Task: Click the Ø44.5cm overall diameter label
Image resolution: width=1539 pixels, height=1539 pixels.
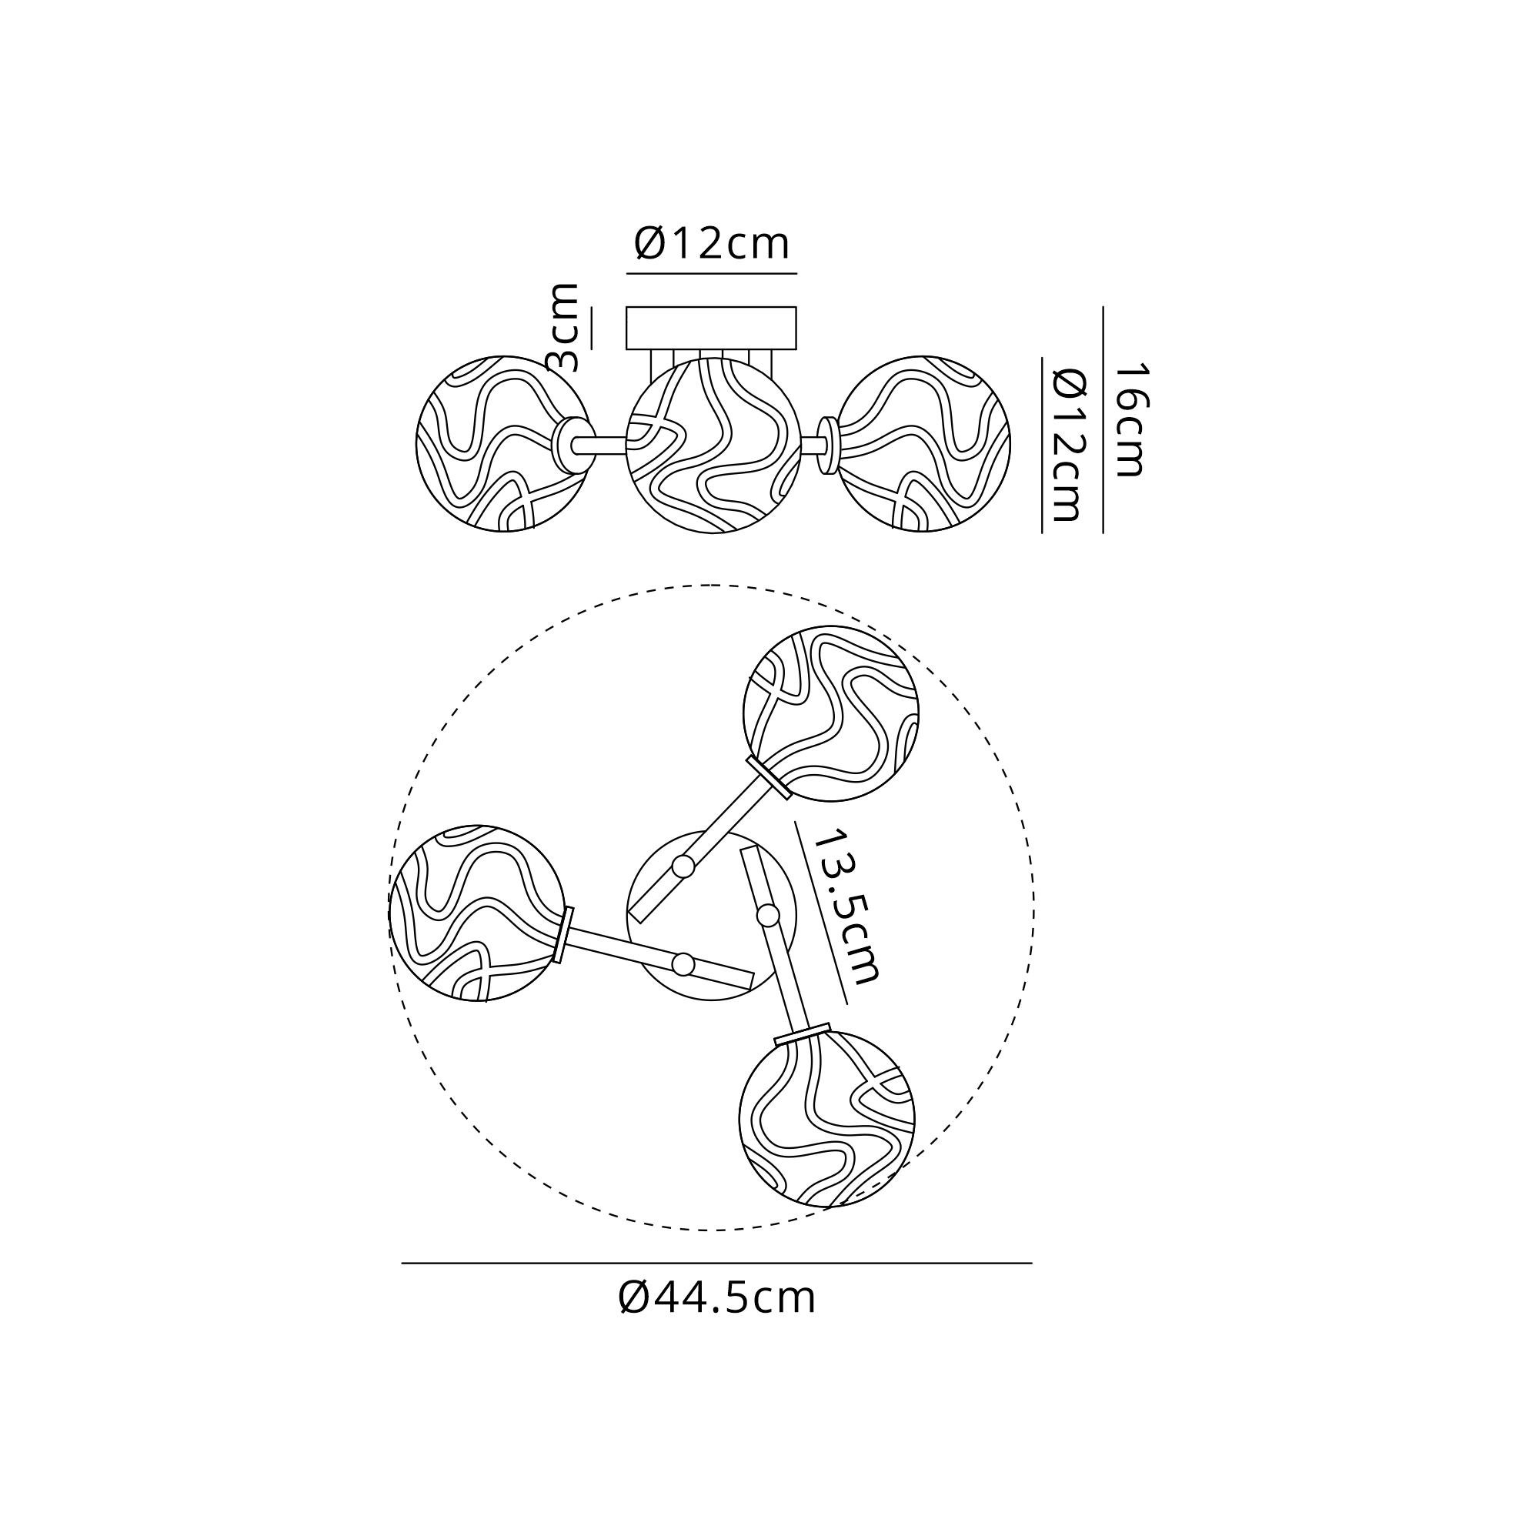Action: tap(716, 1298)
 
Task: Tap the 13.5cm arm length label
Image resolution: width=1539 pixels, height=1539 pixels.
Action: tap(845, 906)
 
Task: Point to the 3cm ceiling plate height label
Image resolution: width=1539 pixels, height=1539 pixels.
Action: tap(564, 326)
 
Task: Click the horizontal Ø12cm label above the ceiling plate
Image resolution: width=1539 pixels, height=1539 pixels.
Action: tap(711, 244)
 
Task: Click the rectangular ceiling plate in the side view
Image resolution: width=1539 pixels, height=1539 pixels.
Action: tap(711, 329)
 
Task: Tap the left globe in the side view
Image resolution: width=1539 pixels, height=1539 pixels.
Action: tap(503, 444)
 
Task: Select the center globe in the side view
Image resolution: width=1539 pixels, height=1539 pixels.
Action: tap(713, 446)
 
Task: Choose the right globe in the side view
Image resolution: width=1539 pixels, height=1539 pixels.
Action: tap(923, 444)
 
